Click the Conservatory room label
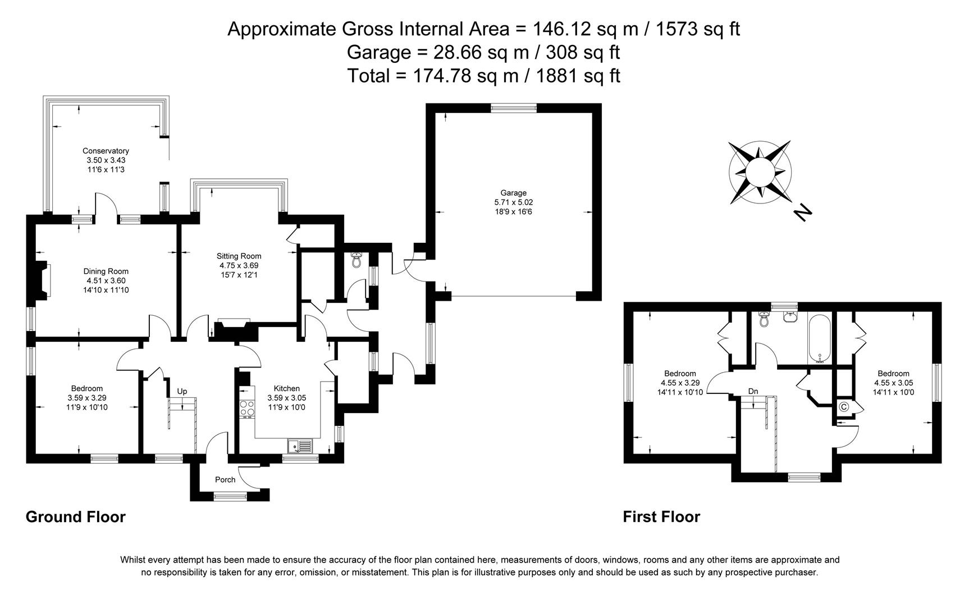click(106, 151)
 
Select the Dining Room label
click(106, 271)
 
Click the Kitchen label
click(286, 388)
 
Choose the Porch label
click(225, 480)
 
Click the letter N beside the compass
click(803, 212)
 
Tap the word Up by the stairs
click(182, 391)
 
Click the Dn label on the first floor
click(753, 391)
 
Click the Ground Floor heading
click(76, 517)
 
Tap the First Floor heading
click(661, 517)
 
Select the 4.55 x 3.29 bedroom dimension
click(680, 383)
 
